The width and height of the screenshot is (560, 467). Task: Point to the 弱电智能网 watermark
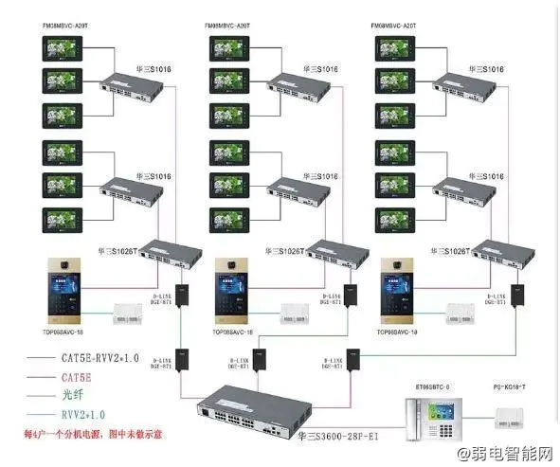pos(510,456)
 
